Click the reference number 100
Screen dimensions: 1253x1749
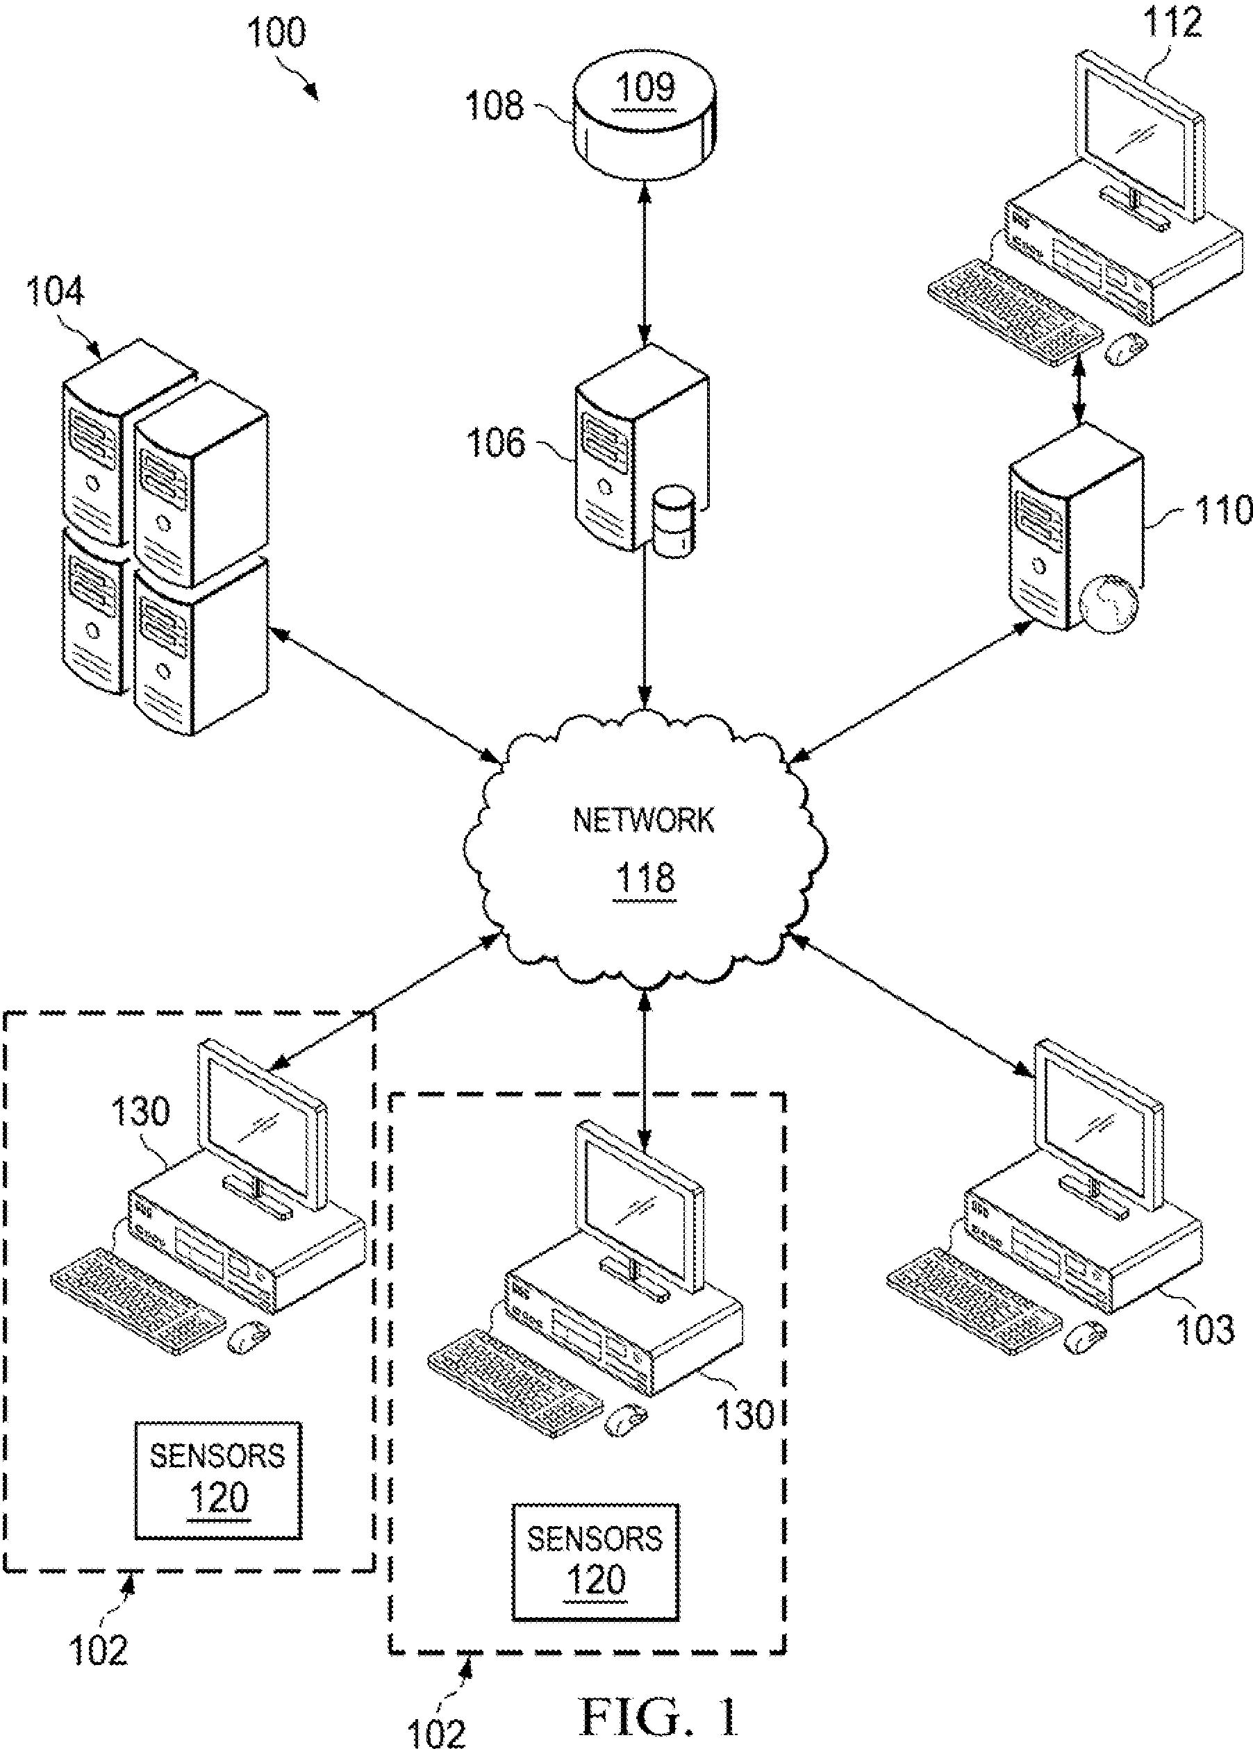[x=276, y=33]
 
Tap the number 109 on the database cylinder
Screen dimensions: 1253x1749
[x=647, y=87]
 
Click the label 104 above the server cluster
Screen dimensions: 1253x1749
[x=55, y=293]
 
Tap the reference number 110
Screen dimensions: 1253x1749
[x=1222, y=510]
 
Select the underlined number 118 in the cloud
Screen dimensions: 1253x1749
[x=645, y=878]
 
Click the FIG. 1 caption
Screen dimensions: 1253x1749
[x=659, y=1716]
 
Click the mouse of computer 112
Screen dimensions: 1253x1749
[x=1126, y=349]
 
